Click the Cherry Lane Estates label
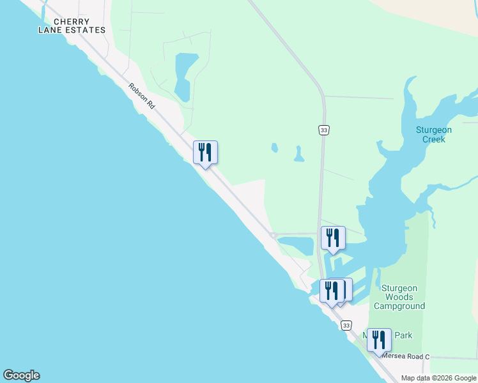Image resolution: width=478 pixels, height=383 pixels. pos(72,26)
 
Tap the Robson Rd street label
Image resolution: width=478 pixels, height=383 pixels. pos(142,96)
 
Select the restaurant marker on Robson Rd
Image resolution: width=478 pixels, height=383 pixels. pos(205,153)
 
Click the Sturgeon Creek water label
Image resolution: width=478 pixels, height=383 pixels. pos(434,135)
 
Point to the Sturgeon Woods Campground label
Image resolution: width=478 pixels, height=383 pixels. pos(399,297)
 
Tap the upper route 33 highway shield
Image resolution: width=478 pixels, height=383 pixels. pos(324,130)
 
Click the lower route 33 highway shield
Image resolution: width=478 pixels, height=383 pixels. pos(346,326)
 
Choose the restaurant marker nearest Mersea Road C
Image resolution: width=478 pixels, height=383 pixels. pos(379,340)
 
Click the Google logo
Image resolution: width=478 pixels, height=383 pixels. pos(21,375)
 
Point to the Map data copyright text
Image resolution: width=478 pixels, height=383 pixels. pos(439,378)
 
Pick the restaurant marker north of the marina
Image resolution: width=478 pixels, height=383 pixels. pos(333,238)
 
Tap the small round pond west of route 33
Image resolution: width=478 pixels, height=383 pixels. pos(275,148)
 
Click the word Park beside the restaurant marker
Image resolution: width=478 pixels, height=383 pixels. pos(403,335)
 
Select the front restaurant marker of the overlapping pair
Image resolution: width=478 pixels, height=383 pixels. pos(332,290)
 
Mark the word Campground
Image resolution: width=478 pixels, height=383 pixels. pos(399,306)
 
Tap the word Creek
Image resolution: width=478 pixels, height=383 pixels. pos(434,139)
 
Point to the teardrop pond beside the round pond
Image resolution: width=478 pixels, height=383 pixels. pos(298,154)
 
